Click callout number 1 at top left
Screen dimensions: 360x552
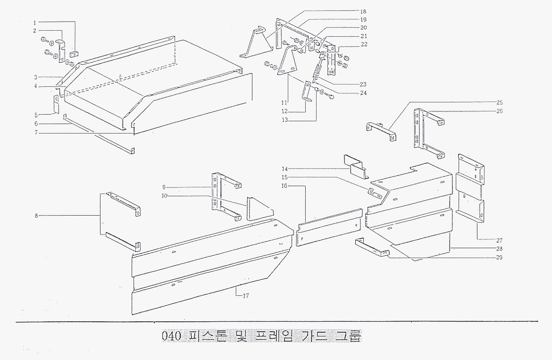point(34,22)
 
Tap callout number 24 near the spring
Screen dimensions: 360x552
point(362,93)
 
